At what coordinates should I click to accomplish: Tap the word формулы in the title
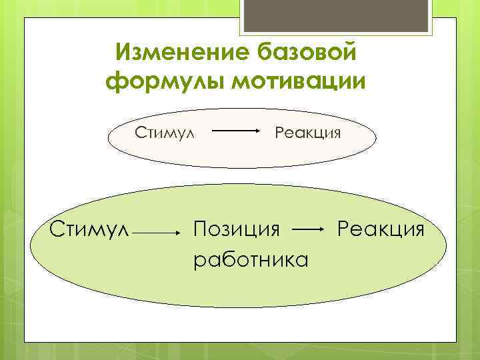[163, 82]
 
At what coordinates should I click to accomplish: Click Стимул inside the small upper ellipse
[165, 132]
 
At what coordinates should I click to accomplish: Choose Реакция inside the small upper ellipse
[308, 132]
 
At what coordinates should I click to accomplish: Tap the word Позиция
[236, 230]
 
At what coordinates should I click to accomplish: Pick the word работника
[251, 259]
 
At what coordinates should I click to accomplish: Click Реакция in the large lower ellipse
[381, 230]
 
